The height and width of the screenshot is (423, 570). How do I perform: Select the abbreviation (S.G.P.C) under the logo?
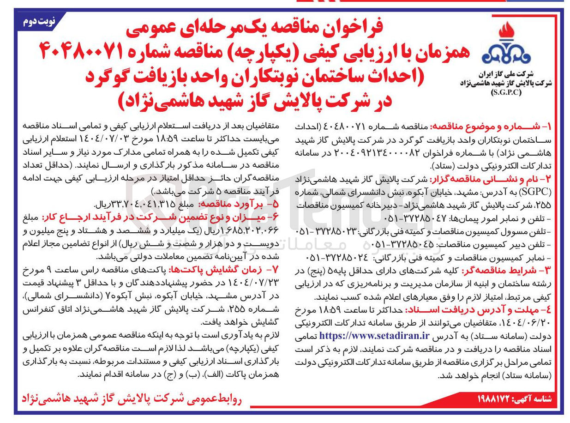pos(506,91)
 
